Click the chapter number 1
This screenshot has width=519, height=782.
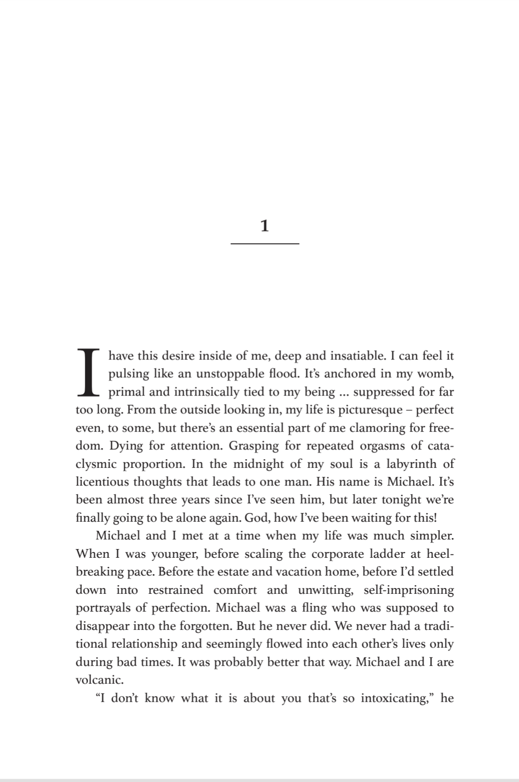[264, 226]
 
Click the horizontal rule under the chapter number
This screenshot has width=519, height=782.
[265, 244]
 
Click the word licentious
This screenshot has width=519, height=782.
[102, 482]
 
